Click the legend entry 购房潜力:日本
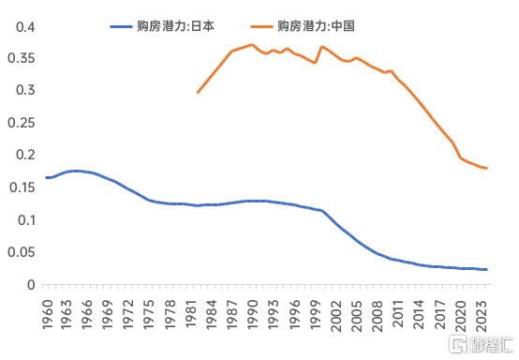162,26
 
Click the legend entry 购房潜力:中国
303,26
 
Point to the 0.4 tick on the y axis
25,27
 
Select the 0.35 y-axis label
22,58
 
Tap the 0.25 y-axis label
22,123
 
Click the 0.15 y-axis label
22,187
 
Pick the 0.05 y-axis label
22,252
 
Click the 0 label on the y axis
31,285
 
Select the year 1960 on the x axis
48,315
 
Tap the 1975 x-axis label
149,315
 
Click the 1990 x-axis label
252,315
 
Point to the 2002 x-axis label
335,316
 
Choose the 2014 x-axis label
418,315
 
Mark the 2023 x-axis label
481,316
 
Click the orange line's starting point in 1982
198,93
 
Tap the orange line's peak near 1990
252,44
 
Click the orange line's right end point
486,168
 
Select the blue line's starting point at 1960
46,178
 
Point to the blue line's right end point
486,270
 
